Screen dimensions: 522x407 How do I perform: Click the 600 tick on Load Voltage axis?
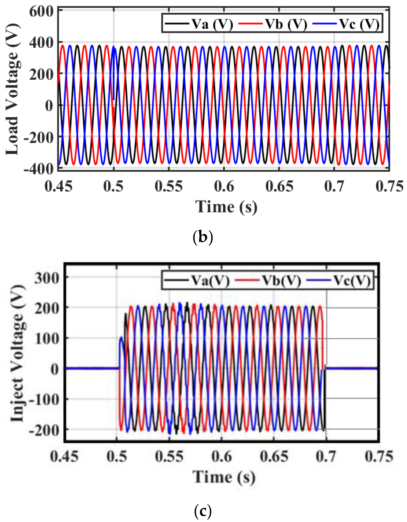(x=41, y=12)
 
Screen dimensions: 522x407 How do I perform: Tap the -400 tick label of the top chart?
(x=39, y=169)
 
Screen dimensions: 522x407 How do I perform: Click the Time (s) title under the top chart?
(x=226, y=207)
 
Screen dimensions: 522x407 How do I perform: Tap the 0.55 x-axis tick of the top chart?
(x=169, y=186)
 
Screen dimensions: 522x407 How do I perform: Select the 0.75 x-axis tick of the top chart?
(x=389, y=186)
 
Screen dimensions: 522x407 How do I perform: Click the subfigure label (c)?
(x=203, y=511)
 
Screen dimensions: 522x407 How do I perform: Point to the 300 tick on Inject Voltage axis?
(x=47, y=278)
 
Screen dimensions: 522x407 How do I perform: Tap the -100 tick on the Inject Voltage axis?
(x=44, y=399)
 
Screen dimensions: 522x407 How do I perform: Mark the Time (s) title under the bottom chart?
(x=224, y=477)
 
